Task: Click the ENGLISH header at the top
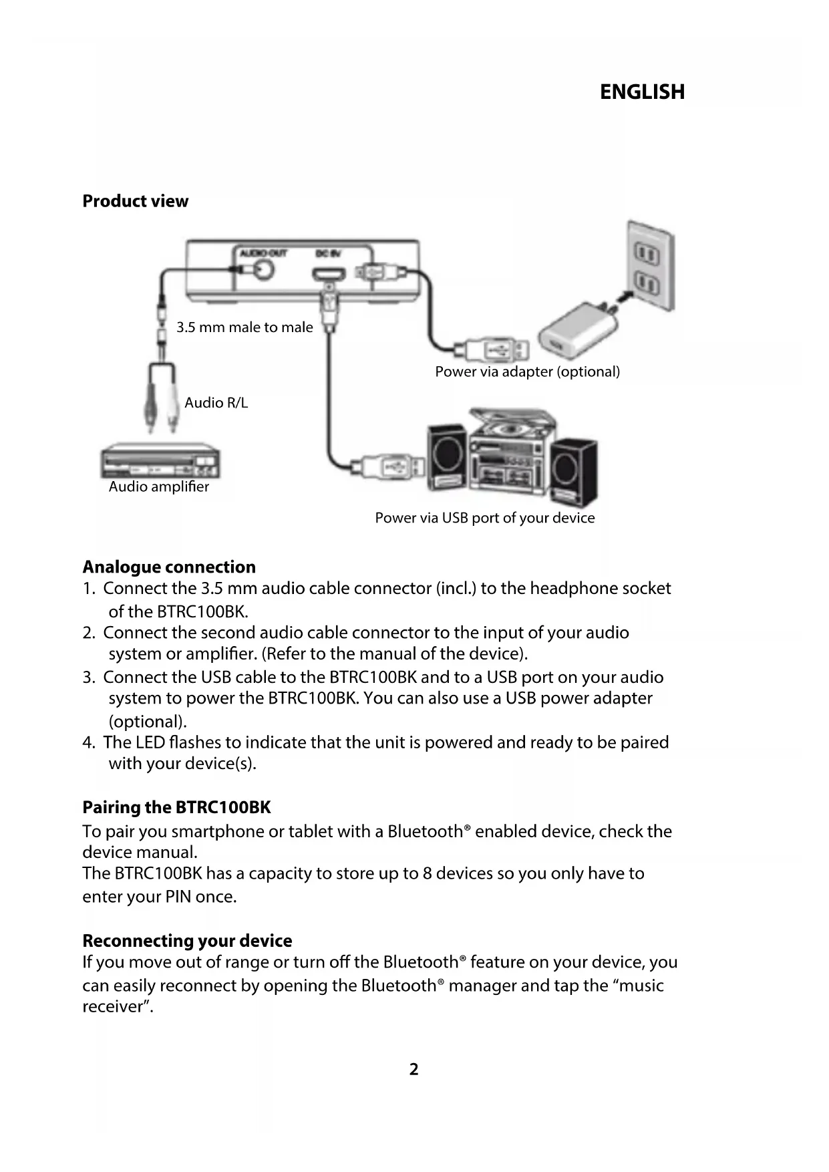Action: tap(642, 92)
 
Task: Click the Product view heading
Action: tap(135, 201)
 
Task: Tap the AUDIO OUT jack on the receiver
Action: tap(263, 269)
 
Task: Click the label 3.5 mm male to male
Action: tap(244, 327)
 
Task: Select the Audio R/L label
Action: tap(216, 402)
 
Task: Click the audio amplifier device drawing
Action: tap(160, 461)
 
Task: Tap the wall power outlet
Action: tap(648, 267)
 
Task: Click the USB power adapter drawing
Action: tap(568, 331)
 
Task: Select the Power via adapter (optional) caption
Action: tap(527, 372)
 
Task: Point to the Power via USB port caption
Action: tap(484, 518)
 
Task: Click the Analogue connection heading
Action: tap(169, 567)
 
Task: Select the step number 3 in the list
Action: tap(88, 678)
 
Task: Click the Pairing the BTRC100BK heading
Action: tap(176, 808)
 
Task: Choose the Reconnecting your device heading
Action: tap(187, 941)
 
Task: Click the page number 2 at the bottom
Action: tap(414, 1070)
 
